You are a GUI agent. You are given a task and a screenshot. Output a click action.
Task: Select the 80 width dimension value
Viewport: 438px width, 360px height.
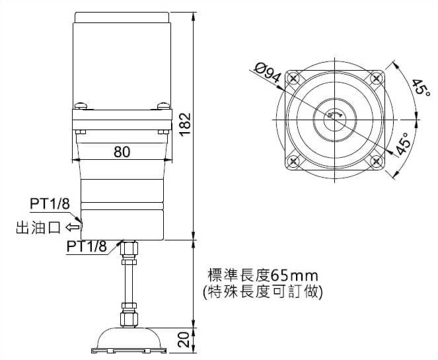click(121, 151)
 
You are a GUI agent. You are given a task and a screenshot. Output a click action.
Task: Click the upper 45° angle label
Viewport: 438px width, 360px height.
click(419, 88)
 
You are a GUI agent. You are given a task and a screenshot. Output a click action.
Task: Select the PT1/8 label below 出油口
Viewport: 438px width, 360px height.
click(87, 246)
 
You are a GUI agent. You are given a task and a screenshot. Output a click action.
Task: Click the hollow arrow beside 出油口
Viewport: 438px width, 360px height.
click(72, 228)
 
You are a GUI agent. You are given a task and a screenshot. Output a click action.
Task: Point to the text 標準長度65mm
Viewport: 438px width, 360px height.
click(263, 274)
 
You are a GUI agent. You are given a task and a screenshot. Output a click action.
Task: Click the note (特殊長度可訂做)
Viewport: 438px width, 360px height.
click(263, 290)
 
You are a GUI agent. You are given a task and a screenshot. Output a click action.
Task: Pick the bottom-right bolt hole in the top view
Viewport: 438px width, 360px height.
click(376, 161)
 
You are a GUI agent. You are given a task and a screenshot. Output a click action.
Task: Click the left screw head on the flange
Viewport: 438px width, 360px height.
click(81, 104)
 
